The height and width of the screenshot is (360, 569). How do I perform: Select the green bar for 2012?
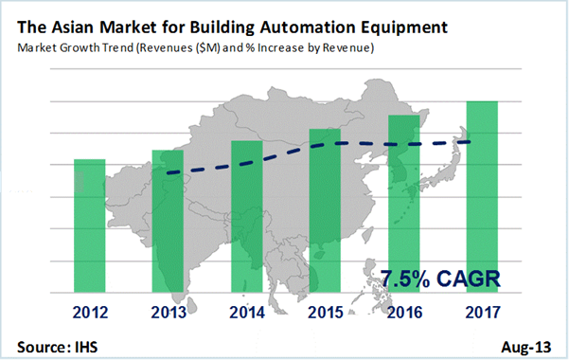[x=90, y=225]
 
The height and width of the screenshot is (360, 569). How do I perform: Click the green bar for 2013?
[x=169, y=220]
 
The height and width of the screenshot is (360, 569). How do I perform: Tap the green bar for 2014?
[x=247, y=215]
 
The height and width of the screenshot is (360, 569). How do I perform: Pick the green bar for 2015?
[x=326, y=208]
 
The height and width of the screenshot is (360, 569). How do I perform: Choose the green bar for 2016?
[x=404, y=202]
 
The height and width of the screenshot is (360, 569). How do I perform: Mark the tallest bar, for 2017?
[x=482, y=195]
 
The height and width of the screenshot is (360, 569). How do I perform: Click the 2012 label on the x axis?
[x=90, y=309]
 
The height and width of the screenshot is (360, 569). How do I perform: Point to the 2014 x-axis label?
[x=247, y=309]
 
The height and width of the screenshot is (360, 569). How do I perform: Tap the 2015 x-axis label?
[x=326, y=309]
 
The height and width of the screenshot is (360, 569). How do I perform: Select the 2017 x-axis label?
[x=482, y=309]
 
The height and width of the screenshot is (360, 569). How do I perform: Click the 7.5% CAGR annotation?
[x=439, y=279]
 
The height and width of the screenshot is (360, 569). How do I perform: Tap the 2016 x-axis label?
[x=404, y=309]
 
